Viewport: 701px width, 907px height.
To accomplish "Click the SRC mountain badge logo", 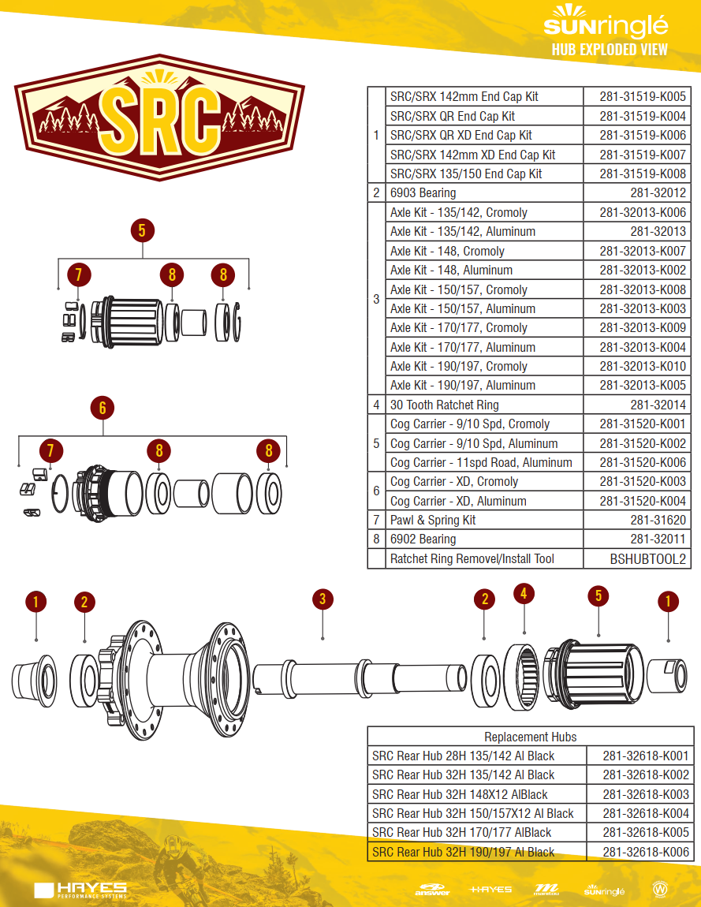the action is point(159,118).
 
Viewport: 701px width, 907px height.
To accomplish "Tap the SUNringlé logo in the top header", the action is point(606,21).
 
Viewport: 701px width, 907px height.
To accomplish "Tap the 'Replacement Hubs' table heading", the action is point(531,737).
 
